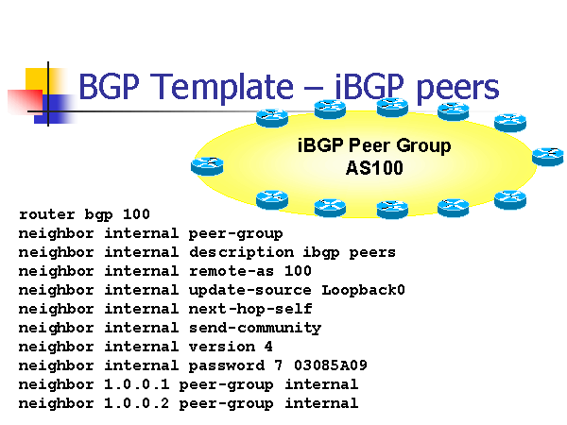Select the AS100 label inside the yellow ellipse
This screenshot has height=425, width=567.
click(374, 169)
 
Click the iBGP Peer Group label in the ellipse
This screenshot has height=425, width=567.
click(374, 146)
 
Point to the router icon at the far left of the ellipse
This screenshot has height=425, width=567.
click(206, 166)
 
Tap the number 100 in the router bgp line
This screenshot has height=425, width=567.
click(136, 214)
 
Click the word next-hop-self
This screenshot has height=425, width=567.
click(249, 309)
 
